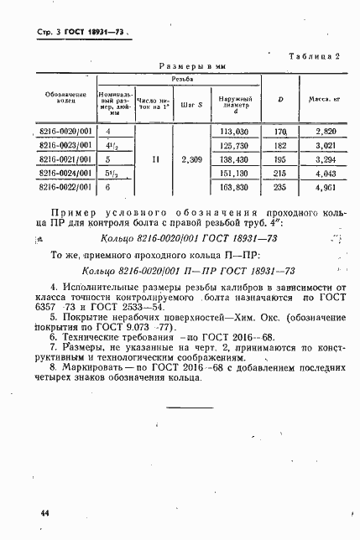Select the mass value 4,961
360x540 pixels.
pyautogui.click(x=324, y=187)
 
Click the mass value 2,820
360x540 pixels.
pyautogui.click(x=324, y=132)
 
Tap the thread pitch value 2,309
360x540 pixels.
pyautogui.click(x=189, y=158)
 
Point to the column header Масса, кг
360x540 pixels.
pyautogui.click(x=323, y=99)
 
